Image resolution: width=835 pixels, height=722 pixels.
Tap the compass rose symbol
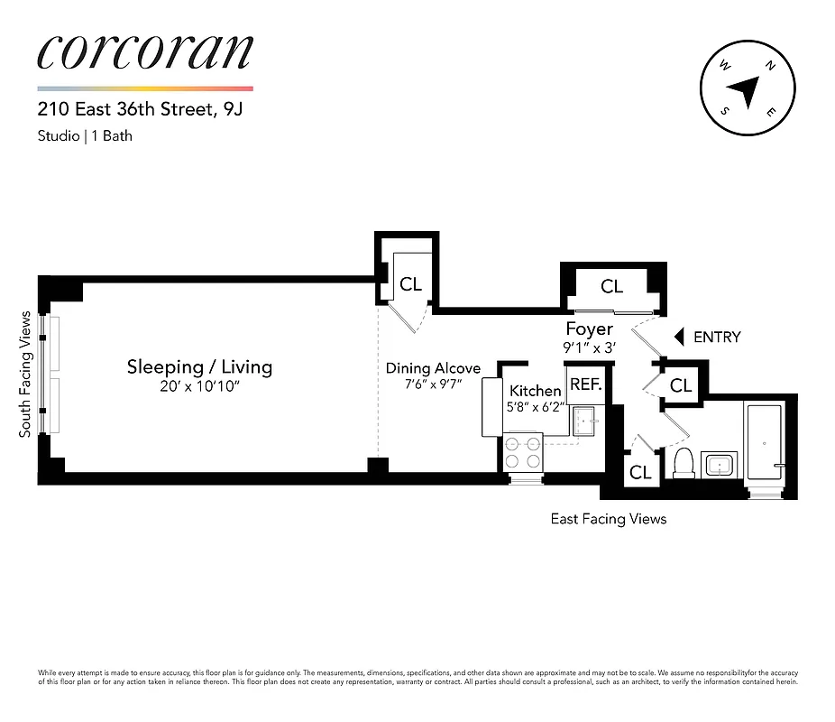tap(748, 88)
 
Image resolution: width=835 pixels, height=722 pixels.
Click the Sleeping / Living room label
tap(199, 367)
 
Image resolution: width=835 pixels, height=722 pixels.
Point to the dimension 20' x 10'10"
tap(199, 388)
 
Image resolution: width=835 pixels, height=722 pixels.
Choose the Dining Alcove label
tap(433, 368)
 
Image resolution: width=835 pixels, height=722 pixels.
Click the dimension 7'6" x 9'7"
tap(433, 384)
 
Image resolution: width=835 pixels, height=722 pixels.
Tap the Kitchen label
tap(536, 391)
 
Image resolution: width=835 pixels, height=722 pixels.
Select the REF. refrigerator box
tap(585, 384)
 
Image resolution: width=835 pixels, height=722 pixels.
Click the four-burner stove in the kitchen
tap(524, 452)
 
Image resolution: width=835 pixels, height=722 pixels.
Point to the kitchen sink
tap(584, 420)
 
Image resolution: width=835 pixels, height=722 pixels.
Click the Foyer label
tap(589, 329)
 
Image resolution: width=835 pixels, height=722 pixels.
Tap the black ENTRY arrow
tap(680, 337)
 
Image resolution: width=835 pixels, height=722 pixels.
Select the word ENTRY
tap(717, 337)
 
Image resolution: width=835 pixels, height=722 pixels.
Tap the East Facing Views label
tap(609, 519)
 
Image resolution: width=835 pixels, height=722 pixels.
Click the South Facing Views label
tap(25, 375)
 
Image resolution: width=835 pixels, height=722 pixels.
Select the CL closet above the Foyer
tap(612, 287)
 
